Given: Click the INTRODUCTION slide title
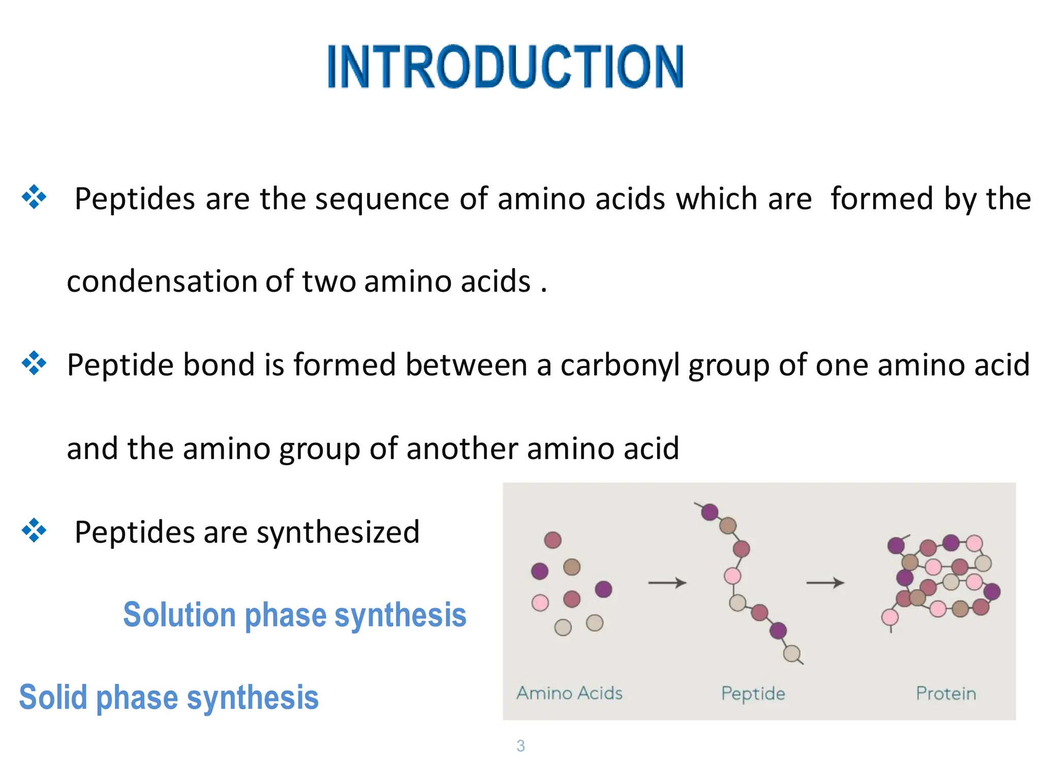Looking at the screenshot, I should point(506,67).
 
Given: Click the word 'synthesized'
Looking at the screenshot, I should point(338,532).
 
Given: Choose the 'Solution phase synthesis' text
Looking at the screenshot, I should point(295,615).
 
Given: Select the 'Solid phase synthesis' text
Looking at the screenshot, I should point(169,697).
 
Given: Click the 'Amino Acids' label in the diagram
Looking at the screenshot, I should point(569,693).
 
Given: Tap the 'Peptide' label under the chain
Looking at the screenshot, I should point(753,694).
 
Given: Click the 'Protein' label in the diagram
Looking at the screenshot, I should point(946,694).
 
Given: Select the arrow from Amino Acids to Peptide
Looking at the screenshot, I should point(667,582).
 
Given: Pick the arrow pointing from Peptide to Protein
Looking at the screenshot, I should point(825,582).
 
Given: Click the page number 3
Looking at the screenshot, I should point(520,746).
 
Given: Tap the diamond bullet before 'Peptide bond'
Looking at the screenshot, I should point(34,364).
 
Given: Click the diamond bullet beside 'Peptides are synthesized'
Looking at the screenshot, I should point(34,530).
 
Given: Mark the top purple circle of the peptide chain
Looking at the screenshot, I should point(710,512).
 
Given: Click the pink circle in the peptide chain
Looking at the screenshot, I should point(732,576).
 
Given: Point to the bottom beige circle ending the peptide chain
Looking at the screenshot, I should point(792,653).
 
